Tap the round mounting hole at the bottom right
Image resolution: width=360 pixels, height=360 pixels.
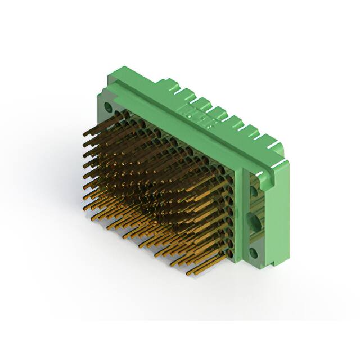pyautogui.click(x=254, y=253)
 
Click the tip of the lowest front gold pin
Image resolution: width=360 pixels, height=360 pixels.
pyautogui.click(x=188, y=274)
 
